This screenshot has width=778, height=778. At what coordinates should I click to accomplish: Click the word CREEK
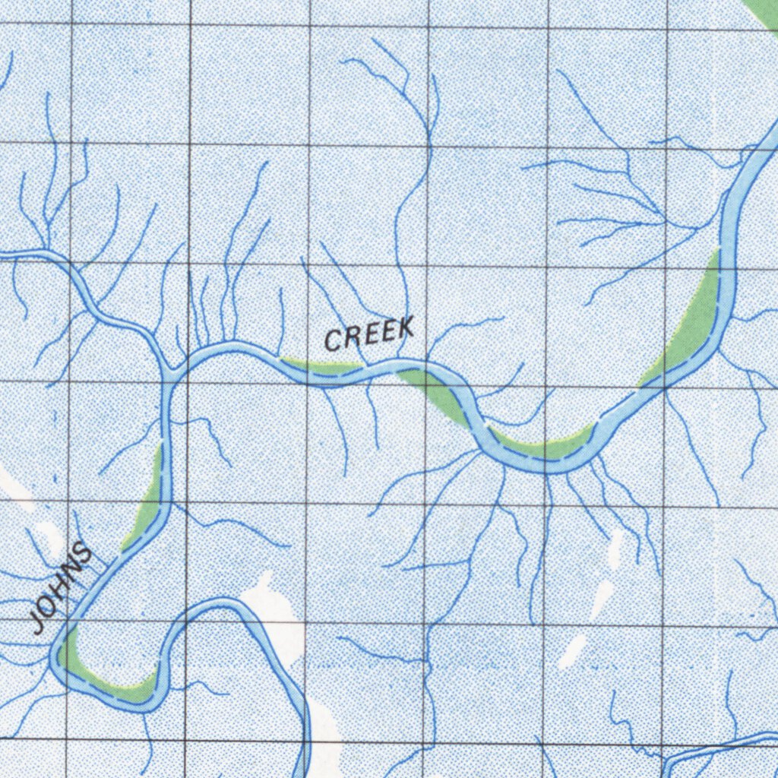click(x=370, y=334)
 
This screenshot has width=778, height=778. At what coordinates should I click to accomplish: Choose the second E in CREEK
click(x=387, y=331)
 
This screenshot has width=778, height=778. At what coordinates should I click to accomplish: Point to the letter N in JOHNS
click(x=74, y=571)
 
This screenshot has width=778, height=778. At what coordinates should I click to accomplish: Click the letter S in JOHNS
click(x=85, y=554)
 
